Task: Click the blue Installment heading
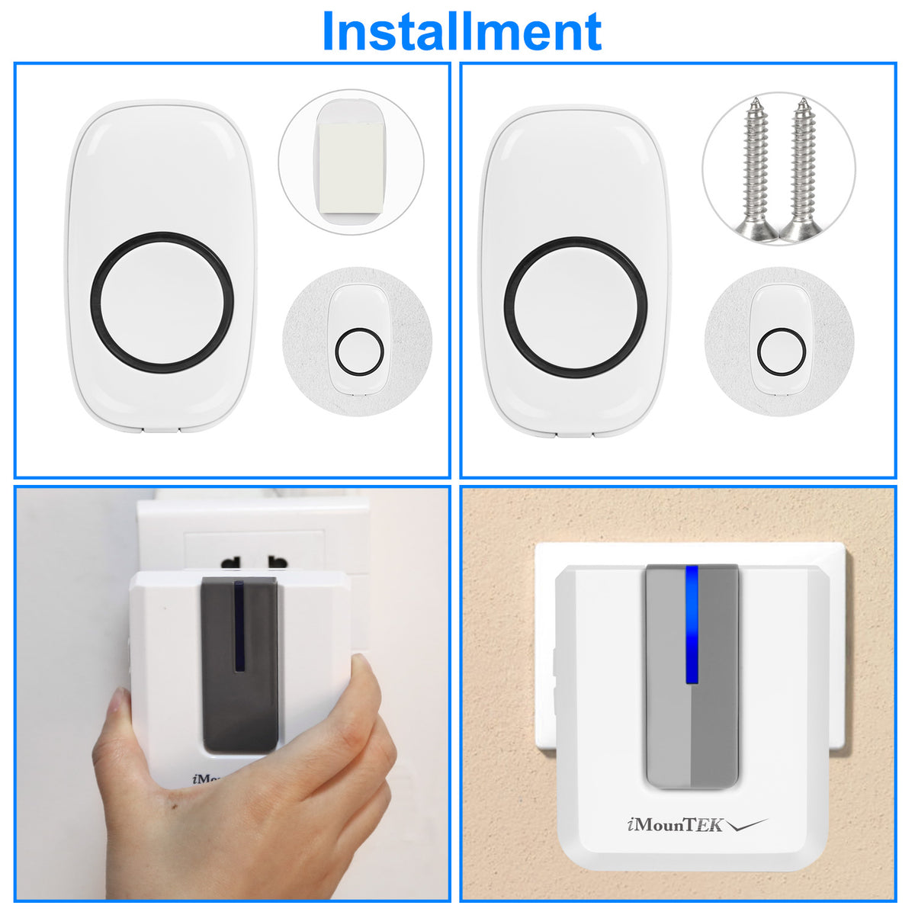[x=461, y=31]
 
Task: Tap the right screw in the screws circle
[x=802, y=169]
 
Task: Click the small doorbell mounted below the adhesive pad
[x=359, y=340]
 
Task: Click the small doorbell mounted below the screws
[x=781, y=340]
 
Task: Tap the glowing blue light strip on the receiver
[x=692, y=624]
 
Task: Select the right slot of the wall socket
[x=278, y=562]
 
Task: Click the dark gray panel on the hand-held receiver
[x=239, y=665]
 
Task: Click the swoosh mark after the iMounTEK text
[x=747, y=825]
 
